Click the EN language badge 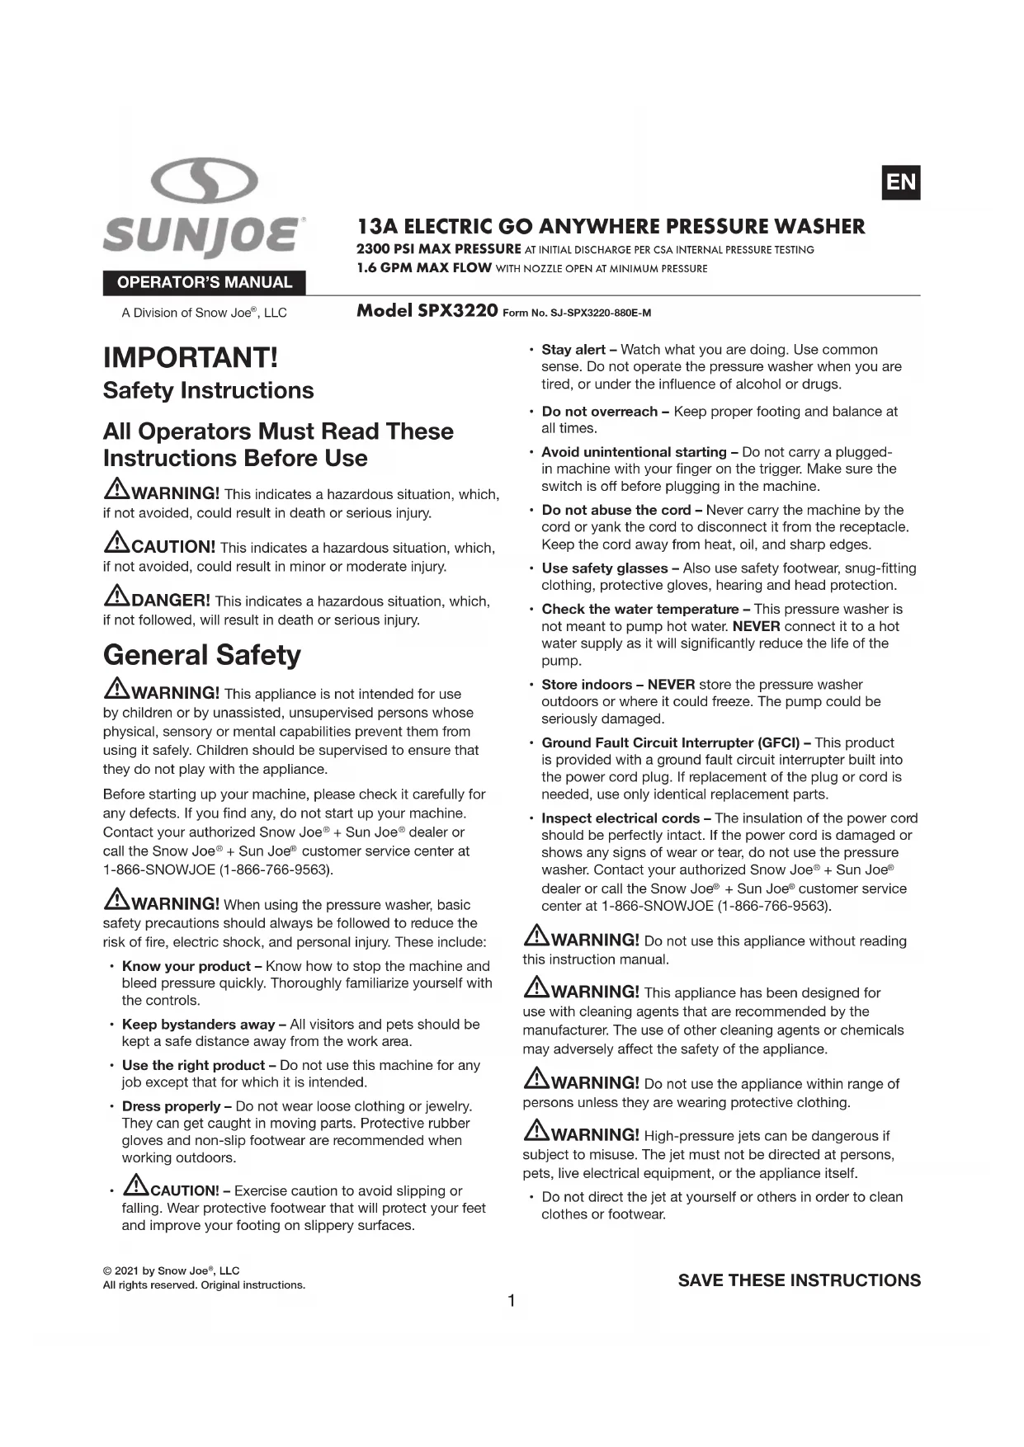point(900,182)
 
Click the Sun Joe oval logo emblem point(205,182)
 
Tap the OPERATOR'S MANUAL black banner point(204,283)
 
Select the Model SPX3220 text point(427,311)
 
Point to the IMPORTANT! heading point(191,357)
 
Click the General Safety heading point(201,655)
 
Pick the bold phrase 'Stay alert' point(573,350)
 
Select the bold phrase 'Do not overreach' point(599,412)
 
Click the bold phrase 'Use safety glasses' point(604,568)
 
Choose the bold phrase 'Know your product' point(186,966)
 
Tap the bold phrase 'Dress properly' point(171,1106)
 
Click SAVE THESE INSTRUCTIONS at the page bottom point(799,1280)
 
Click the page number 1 point(512,1301)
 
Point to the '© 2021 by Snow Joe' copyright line point(171,1271)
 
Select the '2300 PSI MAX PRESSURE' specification point(438,249)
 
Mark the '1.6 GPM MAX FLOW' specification point(424,268)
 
